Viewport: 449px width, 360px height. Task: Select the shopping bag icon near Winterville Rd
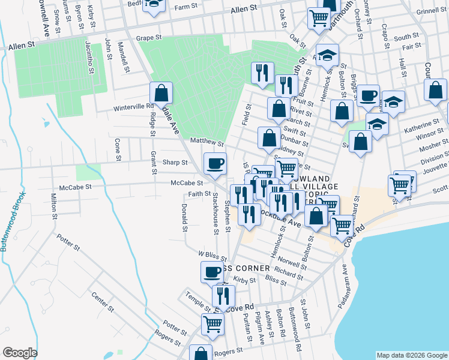click(161, 93)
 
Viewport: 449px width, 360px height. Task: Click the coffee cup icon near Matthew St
click(215, 163)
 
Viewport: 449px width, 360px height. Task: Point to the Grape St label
click(149, 37)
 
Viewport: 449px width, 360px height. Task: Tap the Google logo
click(20, 353)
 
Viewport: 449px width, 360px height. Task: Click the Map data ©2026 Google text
click(412, 355)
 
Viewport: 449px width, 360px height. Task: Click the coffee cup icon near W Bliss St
click(211, 272)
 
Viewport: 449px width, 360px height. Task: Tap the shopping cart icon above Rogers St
click(212, 324)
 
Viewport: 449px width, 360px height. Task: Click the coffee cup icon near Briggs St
click(368, 95)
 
